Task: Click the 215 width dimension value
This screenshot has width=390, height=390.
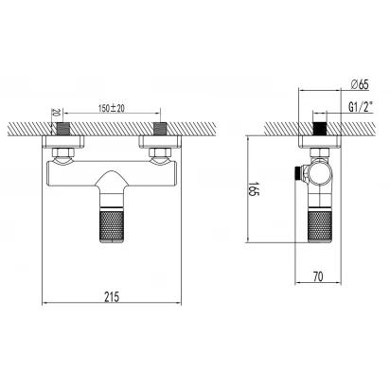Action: tap(112, 296)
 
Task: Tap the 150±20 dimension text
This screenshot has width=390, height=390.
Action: tap(112, 108)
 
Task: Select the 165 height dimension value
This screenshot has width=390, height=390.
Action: tap(254, 188)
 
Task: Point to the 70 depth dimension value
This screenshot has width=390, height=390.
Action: tap(318, 276)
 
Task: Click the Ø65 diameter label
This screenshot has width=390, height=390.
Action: tap(360, 84)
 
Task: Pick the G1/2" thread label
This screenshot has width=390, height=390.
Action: tap(361, 107)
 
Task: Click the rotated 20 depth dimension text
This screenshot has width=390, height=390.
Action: tap(56, 113)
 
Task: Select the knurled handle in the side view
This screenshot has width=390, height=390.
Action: tap(320, 227)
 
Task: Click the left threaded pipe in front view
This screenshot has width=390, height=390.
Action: tap(63, 129)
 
